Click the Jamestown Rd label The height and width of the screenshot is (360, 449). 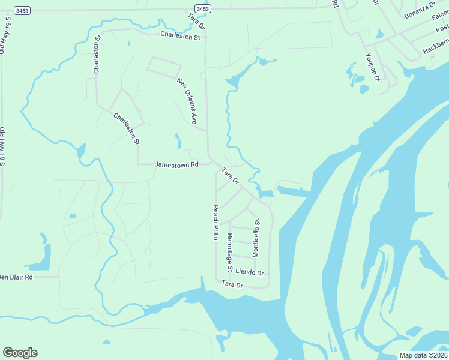[x=176, y=164]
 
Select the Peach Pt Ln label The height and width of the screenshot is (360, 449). [x=214, y=223]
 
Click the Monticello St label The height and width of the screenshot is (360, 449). [x=256, y=238]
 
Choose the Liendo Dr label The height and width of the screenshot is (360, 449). [x=249, y=272]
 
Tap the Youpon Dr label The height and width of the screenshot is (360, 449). [x=373, y=67]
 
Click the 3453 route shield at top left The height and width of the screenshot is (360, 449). [x=22, y=10]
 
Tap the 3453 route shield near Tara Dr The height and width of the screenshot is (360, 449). [x=203, y=8]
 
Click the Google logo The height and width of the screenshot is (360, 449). [x=20, y=353]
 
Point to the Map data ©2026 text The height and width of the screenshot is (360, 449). [x=424, y=355]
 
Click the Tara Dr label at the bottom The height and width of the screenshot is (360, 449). [x=232, y=284]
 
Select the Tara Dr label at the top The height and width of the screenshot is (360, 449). [x=196, y=22]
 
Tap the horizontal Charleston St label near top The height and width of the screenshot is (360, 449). [x=180, y=36]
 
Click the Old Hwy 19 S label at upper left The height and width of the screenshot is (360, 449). [x=6, y=36]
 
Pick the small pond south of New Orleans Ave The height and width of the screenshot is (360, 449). [x=178, y=141]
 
